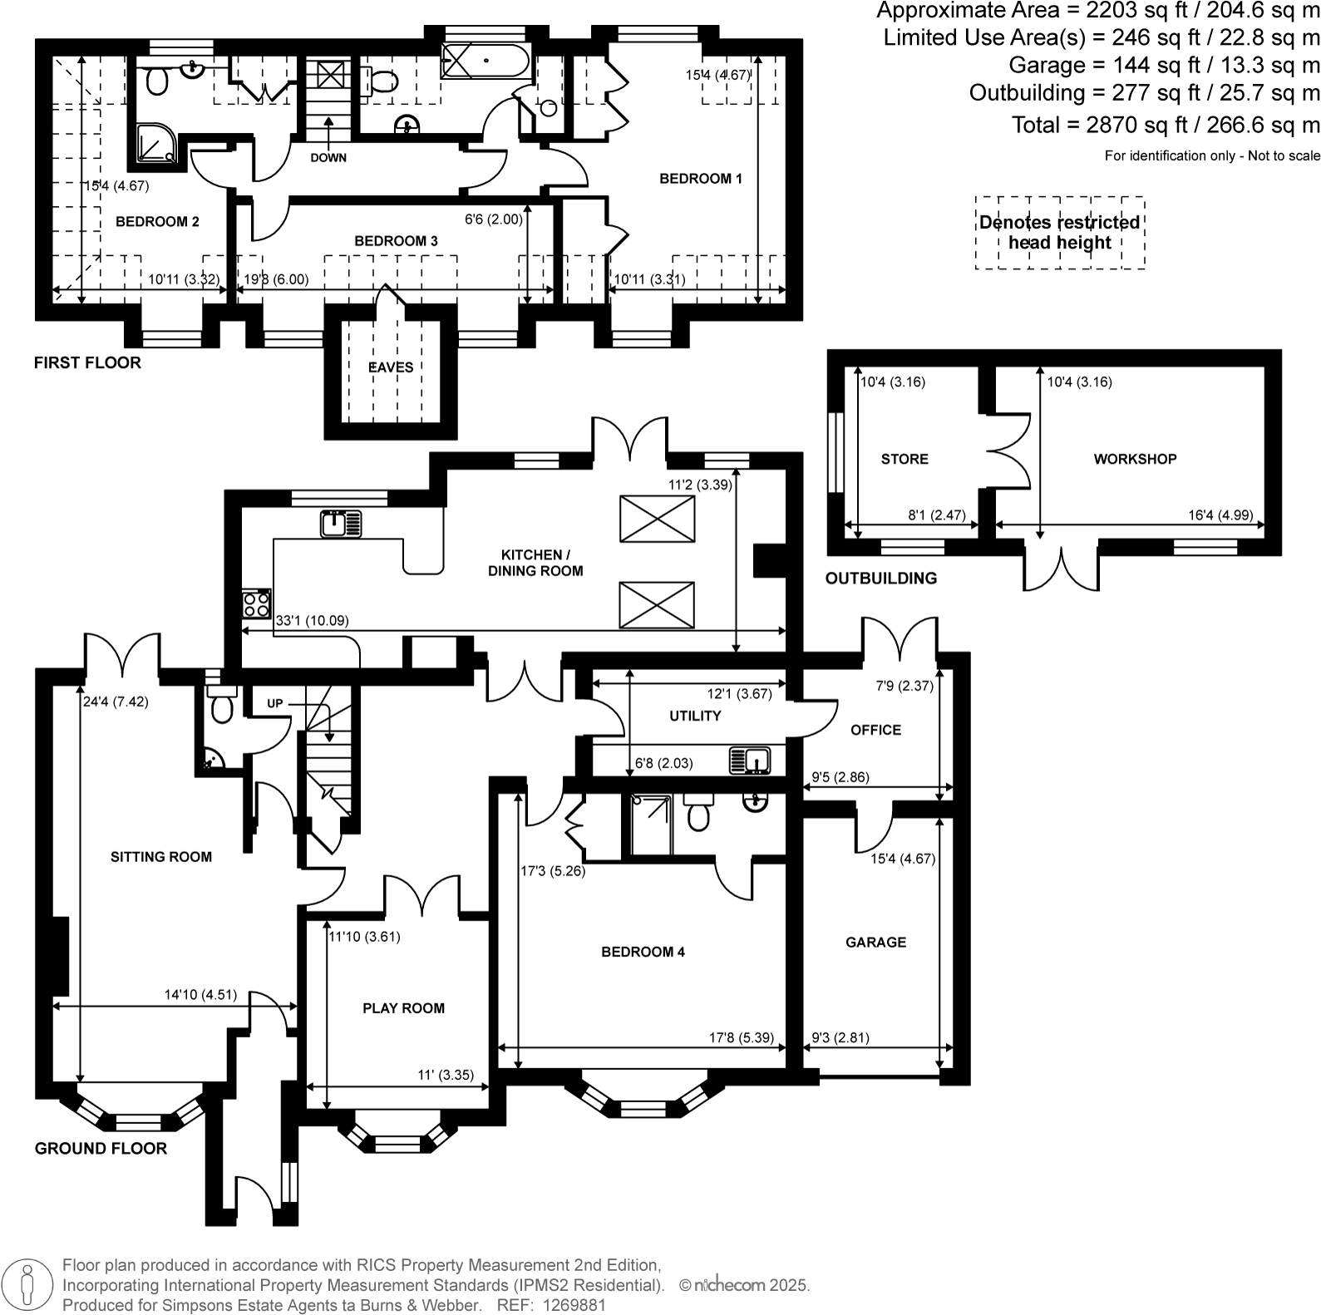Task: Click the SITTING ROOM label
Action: point(161,857)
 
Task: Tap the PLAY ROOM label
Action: point(403,1008)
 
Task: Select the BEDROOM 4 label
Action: point(643,952)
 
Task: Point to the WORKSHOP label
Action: point(1135,459)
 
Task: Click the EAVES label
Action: point(391,367)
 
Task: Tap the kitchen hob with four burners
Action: point(256,603)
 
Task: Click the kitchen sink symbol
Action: point(341,525)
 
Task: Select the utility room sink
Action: point(750,761)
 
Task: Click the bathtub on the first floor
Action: point(485,61)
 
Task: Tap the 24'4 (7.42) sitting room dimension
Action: point(116,702)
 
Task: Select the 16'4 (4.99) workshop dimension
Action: point(1220,515)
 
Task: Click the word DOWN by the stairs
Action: point(328,158)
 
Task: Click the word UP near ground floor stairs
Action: point(275,703)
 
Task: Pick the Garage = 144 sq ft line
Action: point(1164,65)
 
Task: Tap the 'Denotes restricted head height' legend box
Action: point(1059,233)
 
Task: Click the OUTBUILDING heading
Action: point(880,579)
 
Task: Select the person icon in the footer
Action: point(27,1284)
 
